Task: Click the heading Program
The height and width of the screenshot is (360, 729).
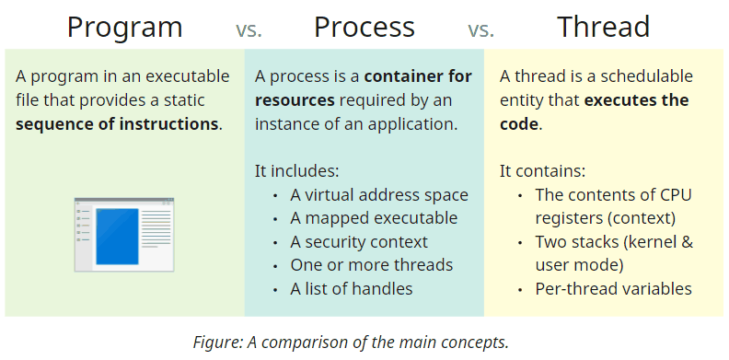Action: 124,27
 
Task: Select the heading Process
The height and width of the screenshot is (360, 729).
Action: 364,27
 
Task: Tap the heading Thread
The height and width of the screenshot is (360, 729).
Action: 605,27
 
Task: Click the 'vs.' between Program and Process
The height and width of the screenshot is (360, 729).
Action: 249,29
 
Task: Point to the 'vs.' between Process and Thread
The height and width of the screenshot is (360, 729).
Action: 480,29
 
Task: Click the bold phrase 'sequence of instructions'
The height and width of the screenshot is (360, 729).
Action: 118,123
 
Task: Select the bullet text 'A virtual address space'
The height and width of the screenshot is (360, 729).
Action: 379,194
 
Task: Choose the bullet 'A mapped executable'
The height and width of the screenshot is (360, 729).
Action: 374,218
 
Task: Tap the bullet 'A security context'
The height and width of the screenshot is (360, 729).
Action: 359,242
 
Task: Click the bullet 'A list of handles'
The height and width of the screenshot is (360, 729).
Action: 352,289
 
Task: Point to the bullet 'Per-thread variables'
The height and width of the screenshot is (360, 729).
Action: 613,289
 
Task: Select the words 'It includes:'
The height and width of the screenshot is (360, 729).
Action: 296,171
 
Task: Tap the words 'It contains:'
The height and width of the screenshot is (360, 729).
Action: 542,171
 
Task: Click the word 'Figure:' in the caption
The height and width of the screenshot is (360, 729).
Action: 218,342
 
